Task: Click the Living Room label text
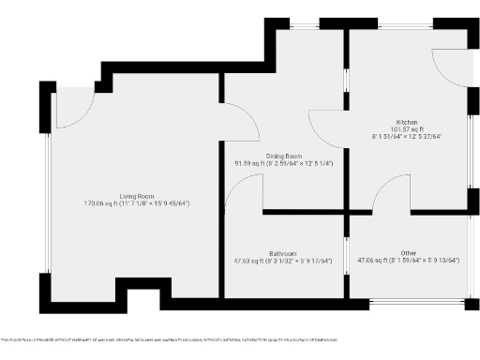coord(136,194)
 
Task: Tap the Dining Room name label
coord(283,155)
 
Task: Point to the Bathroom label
coord(283,253)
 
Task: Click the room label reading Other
coord(408,253)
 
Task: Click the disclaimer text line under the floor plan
coord(169,339)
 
